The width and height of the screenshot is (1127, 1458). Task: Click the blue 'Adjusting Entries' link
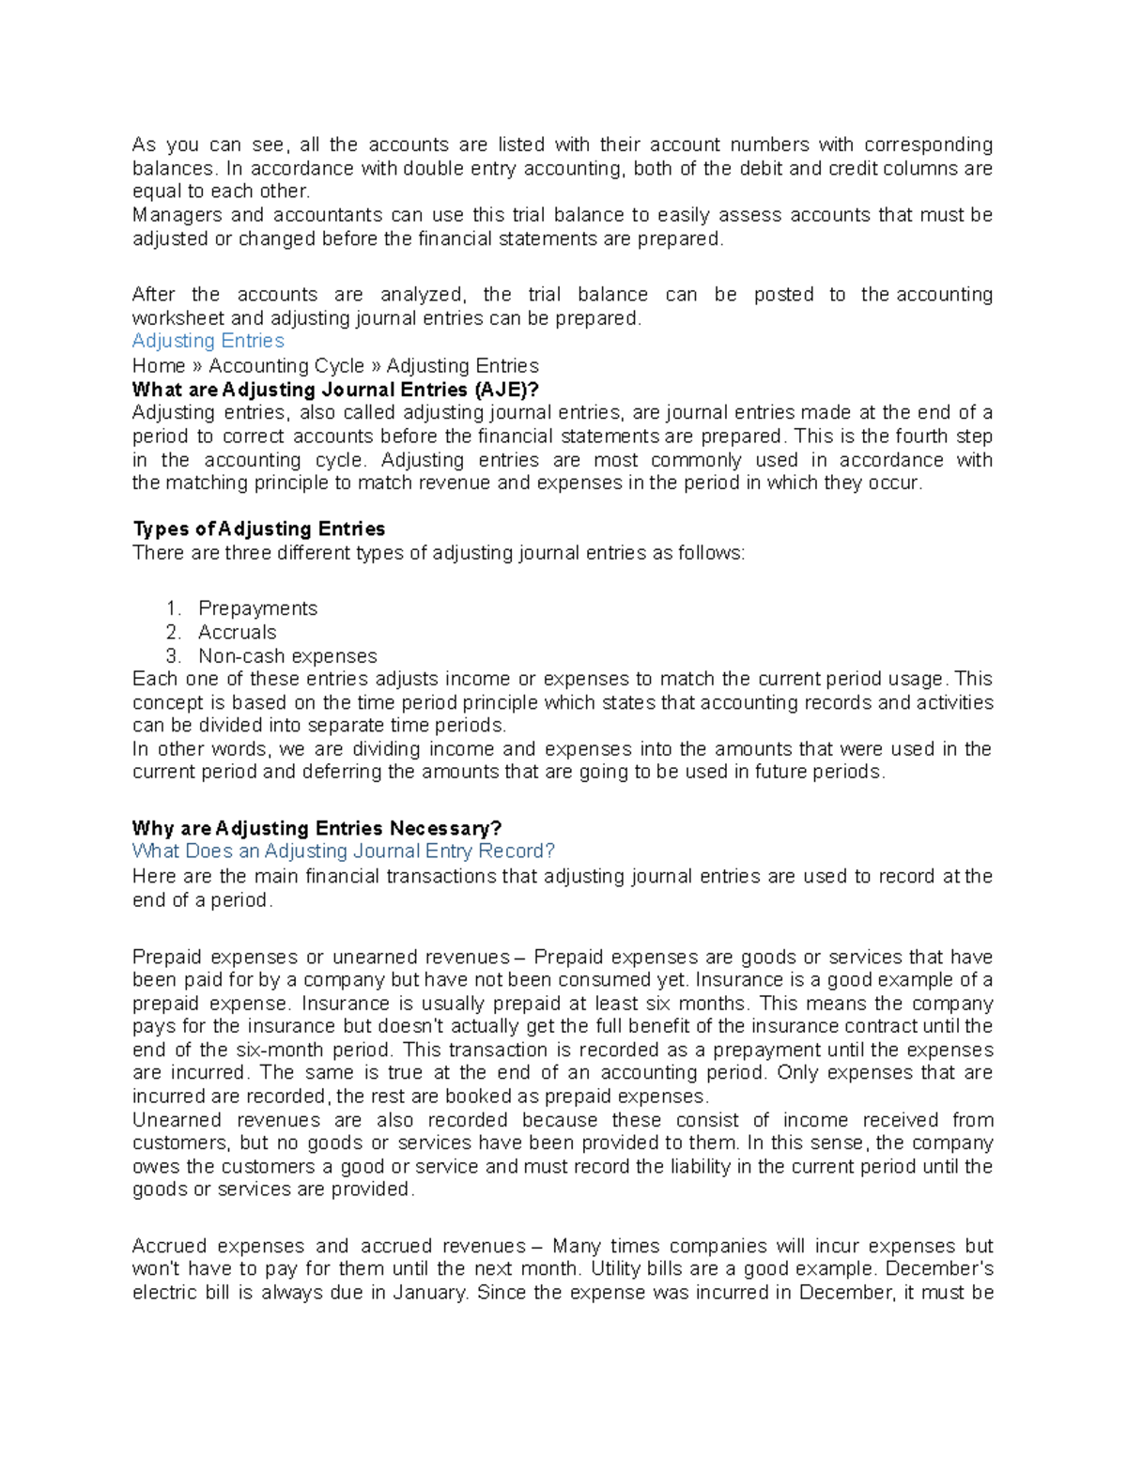coord(208,341)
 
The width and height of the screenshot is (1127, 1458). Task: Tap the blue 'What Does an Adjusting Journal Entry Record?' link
coord(344,852)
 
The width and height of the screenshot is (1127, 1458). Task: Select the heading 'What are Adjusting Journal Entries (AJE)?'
coord(336,390)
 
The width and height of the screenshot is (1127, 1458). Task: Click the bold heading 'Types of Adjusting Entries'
coord(258,529)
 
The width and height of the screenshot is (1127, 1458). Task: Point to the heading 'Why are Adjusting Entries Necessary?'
coord(316,828)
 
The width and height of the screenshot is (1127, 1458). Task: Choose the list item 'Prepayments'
coord(257,608)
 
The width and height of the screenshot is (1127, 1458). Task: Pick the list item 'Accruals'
coord(237,632)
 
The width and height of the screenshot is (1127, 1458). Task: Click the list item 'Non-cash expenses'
coord(287,655)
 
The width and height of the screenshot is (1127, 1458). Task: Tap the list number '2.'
coord(173,632)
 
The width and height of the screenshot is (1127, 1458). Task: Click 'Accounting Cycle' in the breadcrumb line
coord(286,366)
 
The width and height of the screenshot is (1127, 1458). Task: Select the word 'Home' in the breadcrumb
coord(159,366)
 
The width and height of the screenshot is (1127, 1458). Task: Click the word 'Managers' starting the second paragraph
coord(176,215)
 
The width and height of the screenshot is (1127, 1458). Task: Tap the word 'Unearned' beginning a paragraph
coord(178,1120)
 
